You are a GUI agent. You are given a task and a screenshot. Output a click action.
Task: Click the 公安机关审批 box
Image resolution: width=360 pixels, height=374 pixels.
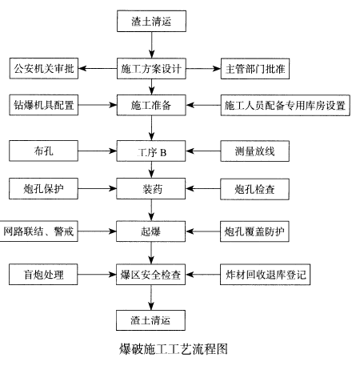click(44, 68)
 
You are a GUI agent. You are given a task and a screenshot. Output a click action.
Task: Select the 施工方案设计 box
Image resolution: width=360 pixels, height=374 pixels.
click(151, 69)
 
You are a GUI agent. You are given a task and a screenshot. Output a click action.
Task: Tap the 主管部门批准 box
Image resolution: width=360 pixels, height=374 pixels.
click(255, 69)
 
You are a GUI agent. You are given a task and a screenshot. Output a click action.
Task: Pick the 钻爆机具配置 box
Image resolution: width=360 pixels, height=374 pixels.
click(44, 105)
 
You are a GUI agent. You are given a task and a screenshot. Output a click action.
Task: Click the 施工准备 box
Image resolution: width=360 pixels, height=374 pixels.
click(151, 105)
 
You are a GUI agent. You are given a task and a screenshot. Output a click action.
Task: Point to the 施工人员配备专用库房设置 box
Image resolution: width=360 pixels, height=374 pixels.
click(286, 105)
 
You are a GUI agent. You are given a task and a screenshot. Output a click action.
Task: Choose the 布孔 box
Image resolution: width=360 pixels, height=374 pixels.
click(43, 151)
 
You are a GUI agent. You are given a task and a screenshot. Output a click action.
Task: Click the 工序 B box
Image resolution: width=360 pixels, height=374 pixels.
click(151, 151)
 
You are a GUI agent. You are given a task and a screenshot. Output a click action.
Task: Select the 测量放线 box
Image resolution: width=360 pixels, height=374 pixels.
click(254, 151)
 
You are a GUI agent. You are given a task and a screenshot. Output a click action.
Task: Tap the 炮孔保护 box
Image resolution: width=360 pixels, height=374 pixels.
click(43, 189)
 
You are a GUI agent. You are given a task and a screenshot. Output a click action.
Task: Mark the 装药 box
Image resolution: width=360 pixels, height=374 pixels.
click(151, 189)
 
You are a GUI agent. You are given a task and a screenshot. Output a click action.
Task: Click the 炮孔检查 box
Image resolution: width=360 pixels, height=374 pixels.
click(254, 189)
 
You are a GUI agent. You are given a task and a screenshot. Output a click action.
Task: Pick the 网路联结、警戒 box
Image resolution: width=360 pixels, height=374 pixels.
click(39, 231)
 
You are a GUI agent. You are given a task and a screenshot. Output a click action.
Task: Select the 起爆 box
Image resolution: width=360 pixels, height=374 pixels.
click(151, 231)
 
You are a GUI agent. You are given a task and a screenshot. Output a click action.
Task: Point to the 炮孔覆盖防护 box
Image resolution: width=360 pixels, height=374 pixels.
click(254, 231)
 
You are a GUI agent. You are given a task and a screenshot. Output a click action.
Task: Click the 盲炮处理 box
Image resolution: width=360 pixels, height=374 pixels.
click(43, 275)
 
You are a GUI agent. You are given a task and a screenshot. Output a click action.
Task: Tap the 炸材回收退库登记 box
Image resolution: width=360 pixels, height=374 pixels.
click(265, 275)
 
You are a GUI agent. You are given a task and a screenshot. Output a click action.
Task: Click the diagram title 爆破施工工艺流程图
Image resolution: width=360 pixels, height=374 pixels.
click(174, 349)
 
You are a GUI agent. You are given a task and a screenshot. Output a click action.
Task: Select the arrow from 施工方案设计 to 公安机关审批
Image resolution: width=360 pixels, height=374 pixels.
click(98, 68)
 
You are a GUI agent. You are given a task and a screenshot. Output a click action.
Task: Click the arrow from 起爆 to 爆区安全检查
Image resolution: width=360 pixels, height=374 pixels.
click(151, 253)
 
